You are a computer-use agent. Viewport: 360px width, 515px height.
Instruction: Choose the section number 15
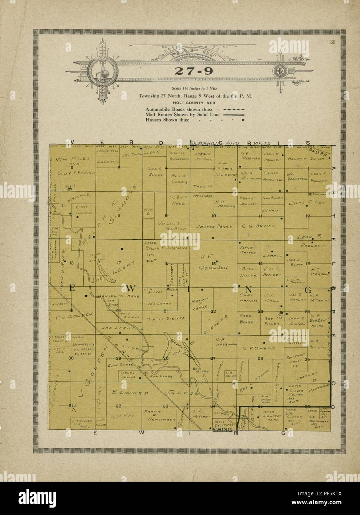point(214,263)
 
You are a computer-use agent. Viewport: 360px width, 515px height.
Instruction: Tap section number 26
point(260,359)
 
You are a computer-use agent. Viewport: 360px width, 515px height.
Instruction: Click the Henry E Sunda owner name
point(306,159)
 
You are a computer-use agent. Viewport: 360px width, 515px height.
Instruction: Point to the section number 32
point(119,406)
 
